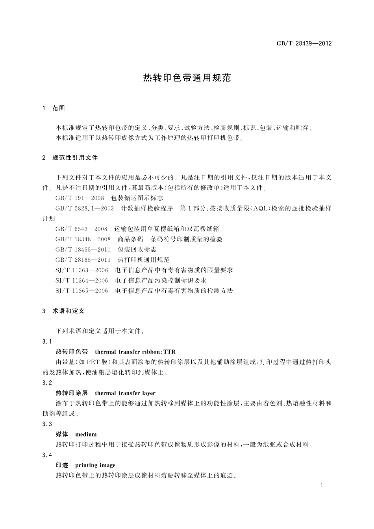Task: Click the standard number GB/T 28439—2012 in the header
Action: point(304,43)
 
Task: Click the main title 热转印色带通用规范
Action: point(187,78)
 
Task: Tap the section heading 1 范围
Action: point(54,108)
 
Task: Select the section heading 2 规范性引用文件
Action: point(70,157)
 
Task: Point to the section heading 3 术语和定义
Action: point(63,311)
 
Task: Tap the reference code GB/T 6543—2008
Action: point(81,229)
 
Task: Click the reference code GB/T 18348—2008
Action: point(83,239)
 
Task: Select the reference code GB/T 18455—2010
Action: point(83,249)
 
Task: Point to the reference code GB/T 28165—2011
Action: point(83,259)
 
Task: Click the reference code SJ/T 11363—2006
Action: point(82,270)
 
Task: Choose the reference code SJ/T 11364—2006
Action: point(82,280)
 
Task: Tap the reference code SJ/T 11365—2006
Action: point(82,290)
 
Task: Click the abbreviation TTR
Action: point(170,351)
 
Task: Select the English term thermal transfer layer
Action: point(125,393)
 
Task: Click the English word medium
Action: point(86,434)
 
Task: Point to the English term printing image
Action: point(95,465)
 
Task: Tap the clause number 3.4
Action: point(47,455)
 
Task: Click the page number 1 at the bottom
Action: point(322,485)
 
